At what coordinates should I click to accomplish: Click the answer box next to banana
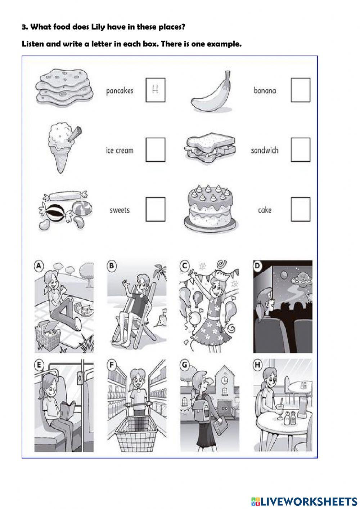click(300, 90)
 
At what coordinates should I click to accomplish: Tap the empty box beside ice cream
click(156, 149)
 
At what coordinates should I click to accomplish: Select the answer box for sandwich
click(300, 149)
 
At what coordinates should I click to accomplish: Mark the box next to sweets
click(156, 209)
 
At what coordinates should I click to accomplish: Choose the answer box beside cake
click(300, 209)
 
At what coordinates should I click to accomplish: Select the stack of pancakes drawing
click(64, 88)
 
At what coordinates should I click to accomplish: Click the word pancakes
click(120, 91)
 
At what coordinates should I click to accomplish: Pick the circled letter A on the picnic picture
click(39, 265)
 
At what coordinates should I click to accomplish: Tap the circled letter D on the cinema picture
click(257, 265)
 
